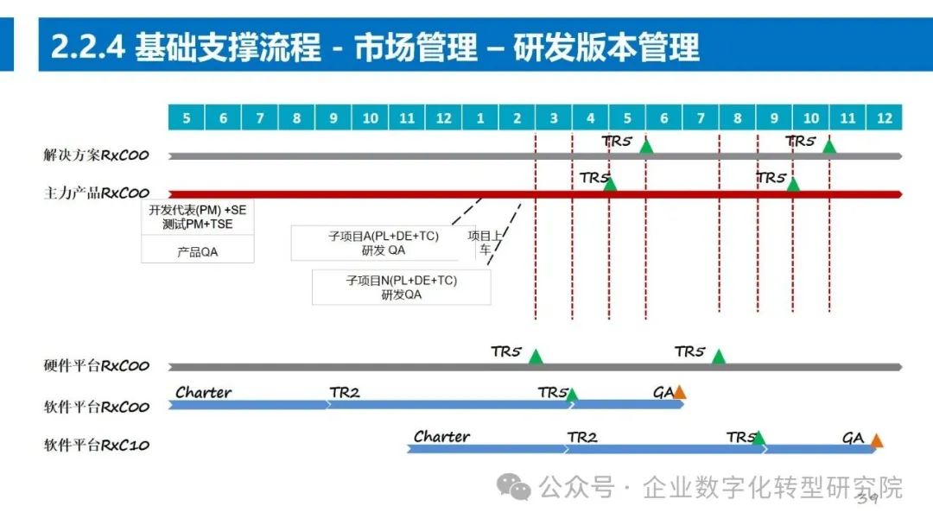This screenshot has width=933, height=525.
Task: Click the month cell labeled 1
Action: coord(480,117)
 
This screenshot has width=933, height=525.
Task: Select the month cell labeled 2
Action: coord(517,117)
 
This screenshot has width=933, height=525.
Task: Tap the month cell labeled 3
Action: coord(554,117)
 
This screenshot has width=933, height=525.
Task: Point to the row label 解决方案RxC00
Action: coord(97,156)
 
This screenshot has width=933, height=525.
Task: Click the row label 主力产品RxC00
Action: coord(97,193)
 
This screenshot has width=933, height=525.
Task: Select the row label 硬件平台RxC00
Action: coord(97,365)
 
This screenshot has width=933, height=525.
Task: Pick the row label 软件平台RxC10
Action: coord(97,446)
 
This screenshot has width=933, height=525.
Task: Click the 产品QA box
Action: coord(198,251)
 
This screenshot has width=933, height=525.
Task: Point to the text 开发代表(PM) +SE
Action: coord(197,210)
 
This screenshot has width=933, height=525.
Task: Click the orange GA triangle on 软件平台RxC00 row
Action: coord(680,393)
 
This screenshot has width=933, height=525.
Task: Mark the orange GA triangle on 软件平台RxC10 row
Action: coord(877,441)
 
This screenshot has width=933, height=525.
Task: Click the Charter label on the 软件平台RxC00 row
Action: coord(204,393)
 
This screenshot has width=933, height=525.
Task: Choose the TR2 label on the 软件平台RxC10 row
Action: coord(582,438)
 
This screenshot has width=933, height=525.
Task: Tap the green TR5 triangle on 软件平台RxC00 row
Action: coord(572,395)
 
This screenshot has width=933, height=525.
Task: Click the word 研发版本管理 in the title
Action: coord(606,48)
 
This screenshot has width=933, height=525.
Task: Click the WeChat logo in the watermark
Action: coord(518,488)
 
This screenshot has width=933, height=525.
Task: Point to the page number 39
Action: coord(867,498)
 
